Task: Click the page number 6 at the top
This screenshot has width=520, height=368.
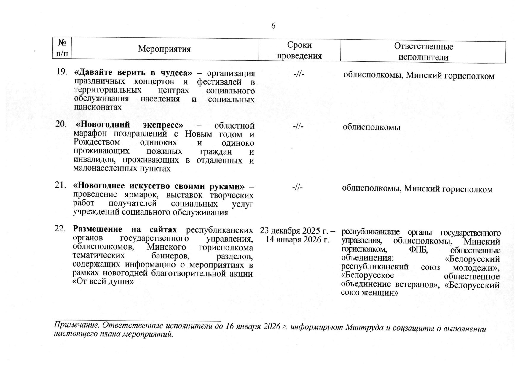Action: tap(273, 26)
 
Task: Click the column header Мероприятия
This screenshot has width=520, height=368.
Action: tap(164, 49)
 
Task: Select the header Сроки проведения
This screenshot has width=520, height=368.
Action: tap(299, 50)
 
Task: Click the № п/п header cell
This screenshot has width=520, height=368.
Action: tap(62, 49)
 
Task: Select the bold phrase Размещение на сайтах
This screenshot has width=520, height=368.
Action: tap(125, 230)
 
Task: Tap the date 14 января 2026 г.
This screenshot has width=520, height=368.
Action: tap(298, 239)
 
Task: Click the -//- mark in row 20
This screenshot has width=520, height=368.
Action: tap(298, 127)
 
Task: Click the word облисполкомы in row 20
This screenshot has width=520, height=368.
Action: tap(371, 127)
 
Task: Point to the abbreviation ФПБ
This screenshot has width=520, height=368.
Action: tap(418, 250)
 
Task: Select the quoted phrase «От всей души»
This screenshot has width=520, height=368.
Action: tap(102, 281)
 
